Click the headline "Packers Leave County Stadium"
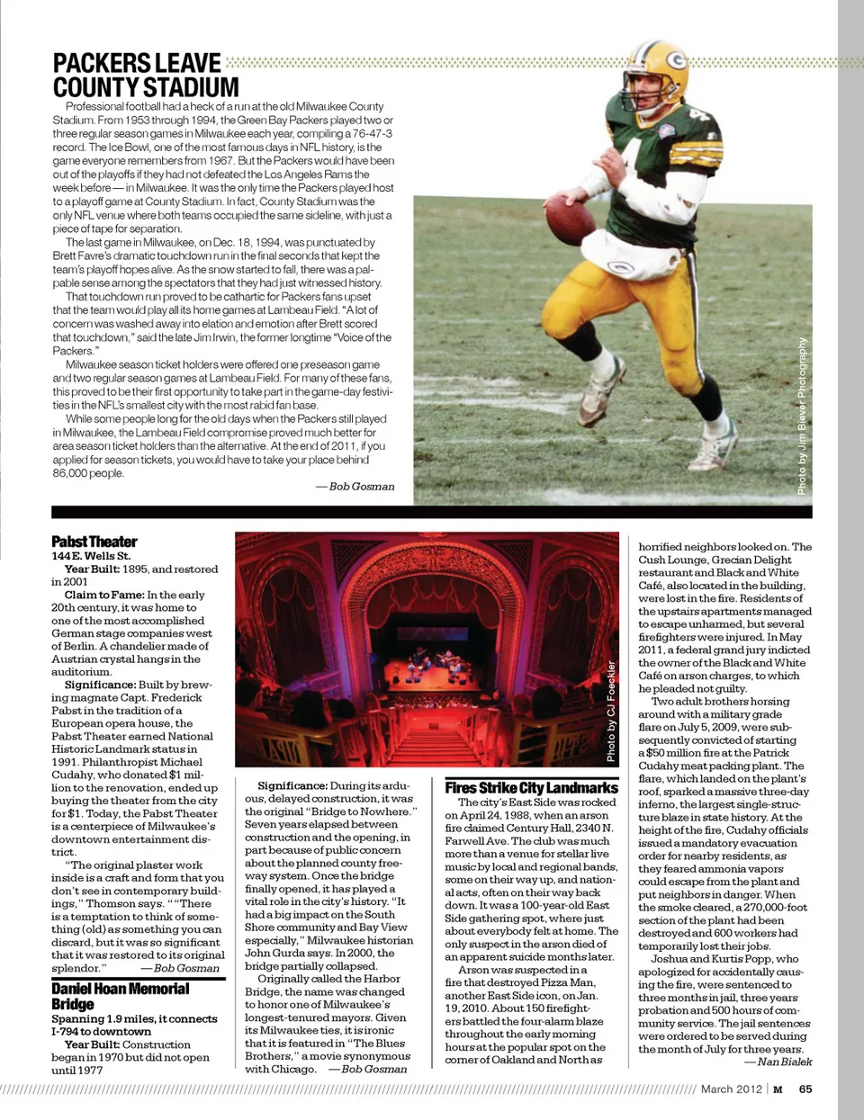pyautogui.click(x=145, y=75)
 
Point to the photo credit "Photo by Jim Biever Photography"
pyautogui.click(x=802, y=416)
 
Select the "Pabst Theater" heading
pyautogui.click(x=94, y=542)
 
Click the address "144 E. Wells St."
pyautogui.click(x=91, y=556)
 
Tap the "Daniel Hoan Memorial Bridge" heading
pyautogui.click(x=120, y=996)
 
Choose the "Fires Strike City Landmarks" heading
pyautogui.click(x=531, y=787)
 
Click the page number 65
pyautogui.click(x=805, y=1089)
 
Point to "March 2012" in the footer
pyautogui.click(x=731, y=1089)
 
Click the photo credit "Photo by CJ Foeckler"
pyautogui.click(x=611, y=711)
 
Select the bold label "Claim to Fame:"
pyautogui.click(x=104, y=595)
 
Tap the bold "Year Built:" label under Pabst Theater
pyautogui.click(x=92, y=569)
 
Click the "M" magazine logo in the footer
pyautogui.click(x=778, y=1089)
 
